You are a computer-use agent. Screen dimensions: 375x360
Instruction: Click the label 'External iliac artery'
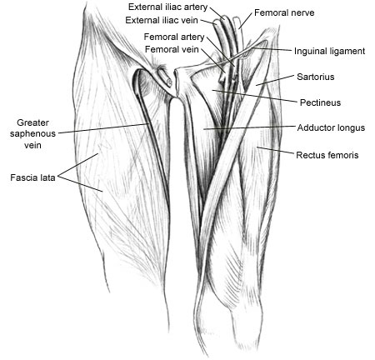(x=167, y=7)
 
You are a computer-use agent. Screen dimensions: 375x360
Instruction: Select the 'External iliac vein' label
(x=162, y=20)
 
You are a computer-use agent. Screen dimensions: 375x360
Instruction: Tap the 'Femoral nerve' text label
(x=284, y=12)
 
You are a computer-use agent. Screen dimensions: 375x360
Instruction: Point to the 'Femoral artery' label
(x=174, y=37)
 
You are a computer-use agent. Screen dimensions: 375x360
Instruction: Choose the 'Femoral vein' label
(x=172, y=49)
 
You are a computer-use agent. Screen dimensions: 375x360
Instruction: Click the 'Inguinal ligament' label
(x=329, y=52)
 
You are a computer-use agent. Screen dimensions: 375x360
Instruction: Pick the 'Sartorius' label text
(x=316, y=77)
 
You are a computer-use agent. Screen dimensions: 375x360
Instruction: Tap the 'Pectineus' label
(x=320, y=102)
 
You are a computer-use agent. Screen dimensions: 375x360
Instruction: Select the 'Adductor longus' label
(x=331, y=127)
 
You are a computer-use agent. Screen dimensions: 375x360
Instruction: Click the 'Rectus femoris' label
(x=327, y=155)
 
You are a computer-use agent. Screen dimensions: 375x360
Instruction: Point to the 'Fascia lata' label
(x=32, y=177)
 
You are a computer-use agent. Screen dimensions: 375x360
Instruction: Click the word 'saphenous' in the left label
(x=32, y=134)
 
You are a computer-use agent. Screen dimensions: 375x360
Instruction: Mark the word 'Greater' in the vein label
(x=32, y=122)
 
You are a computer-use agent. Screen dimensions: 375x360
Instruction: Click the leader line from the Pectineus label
(x=255, y=96)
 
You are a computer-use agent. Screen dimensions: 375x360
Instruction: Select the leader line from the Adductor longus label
(x=249, y=127)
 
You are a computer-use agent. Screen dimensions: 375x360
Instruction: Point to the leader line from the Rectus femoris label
(x=275, y=150)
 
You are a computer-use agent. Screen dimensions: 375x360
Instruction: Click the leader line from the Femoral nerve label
(x=246, y=21)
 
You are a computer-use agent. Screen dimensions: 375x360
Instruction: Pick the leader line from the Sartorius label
(x=275, y=80)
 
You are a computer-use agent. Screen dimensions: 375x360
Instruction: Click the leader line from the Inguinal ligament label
(x=272, y=49)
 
